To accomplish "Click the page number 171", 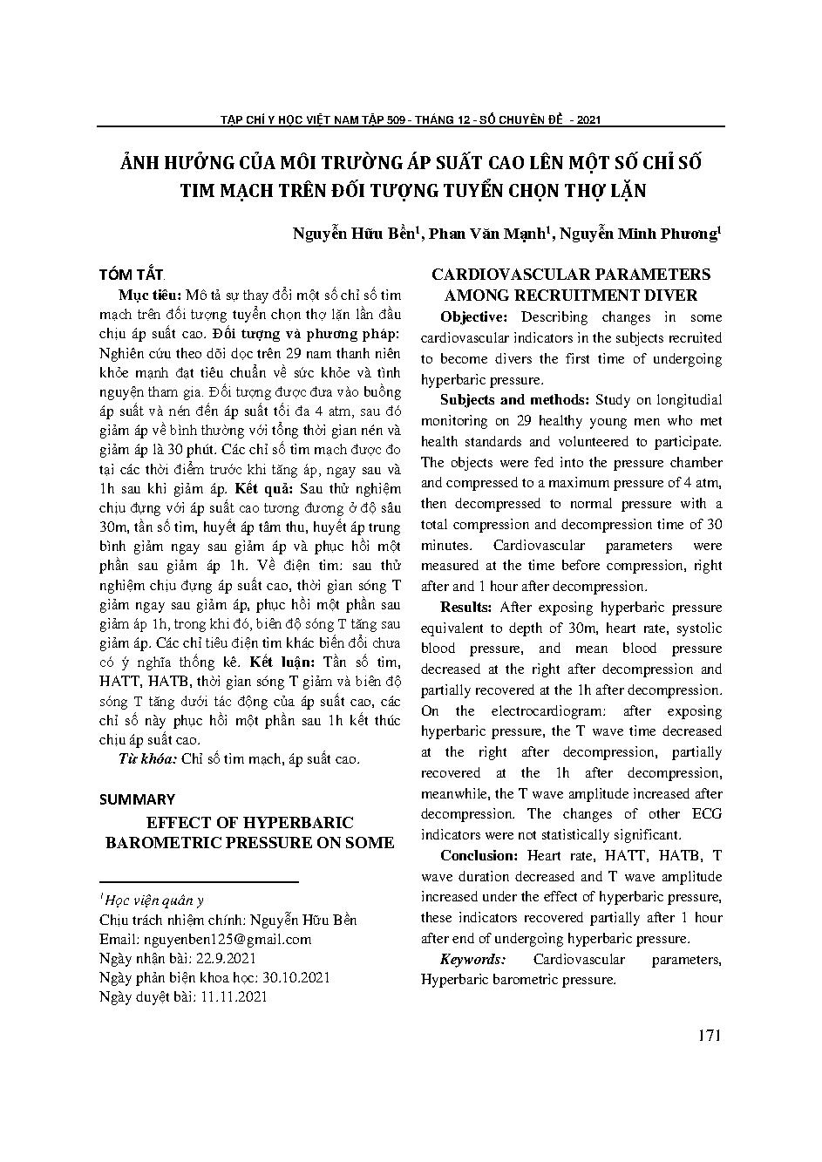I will point(710,1036).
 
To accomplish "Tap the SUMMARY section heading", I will point(137,798).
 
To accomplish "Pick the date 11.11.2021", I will point(231,996).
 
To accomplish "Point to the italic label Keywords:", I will point(472,959).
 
